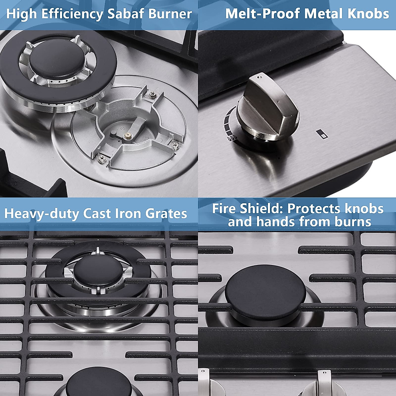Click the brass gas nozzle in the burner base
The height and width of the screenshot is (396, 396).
coord(126,136)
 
